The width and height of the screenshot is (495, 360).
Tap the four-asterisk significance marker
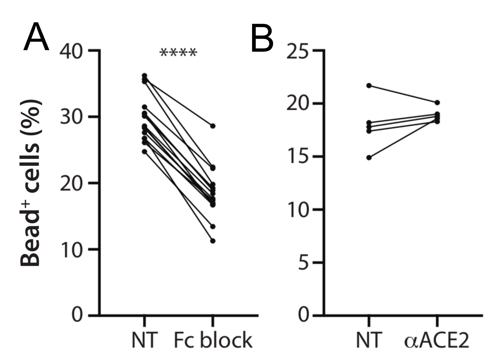(x=178, y=53)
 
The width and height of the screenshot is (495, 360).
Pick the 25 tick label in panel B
(x=297, y=50)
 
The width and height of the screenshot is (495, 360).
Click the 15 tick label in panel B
(x=297, y=156)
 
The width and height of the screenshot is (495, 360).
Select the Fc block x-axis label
(x=213, y=340)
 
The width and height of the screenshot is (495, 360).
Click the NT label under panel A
(x=145, y=340)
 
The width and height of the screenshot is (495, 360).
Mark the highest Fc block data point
(x=213, y=126)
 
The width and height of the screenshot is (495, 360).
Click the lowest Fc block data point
(x=213, y=241)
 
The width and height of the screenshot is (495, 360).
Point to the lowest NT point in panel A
(x=145, y=152)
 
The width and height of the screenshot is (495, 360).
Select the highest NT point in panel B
(x=369, y=85)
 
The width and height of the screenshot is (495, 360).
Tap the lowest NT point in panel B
(x=369, y=158)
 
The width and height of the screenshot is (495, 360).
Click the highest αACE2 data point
(x=437, y=102)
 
